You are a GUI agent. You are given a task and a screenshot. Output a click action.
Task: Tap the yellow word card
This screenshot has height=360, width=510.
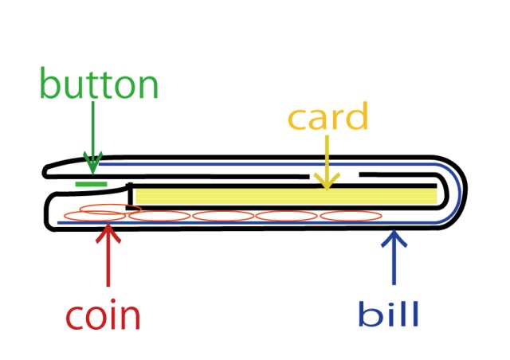(328, 118)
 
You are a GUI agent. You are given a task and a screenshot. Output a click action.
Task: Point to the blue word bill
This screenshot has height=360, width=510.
(390, 314)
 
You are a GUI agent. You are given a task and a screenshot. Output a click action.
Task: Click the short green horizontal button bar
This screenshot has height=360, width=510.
(91, 184)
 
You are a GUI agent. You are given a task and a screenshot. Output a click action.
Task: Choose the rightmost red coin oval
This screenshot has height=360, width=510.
(351, 215)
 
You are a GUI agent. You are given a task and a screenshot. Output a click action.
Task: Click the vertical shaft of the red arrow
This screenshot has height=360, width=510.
(107, 263)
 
